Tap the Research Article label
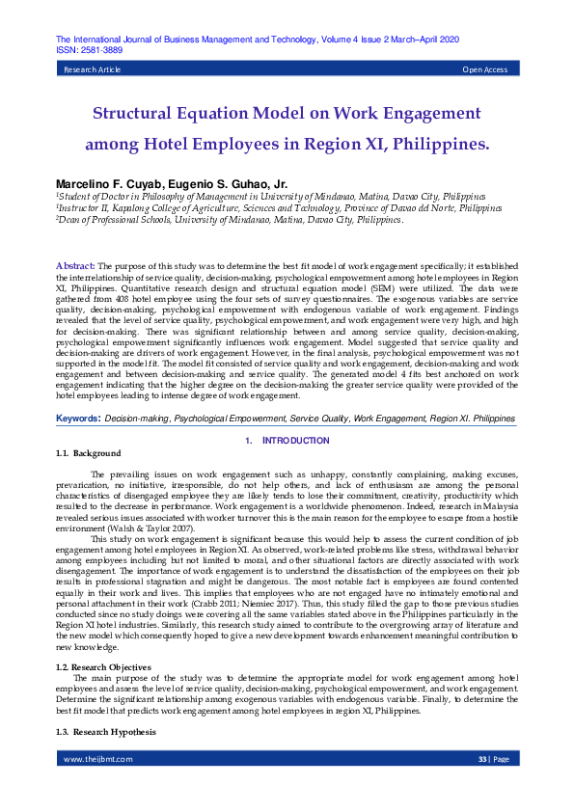click(92, 70)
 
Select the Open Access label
click(484, 70)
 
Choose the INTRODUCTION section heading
click(295, 441)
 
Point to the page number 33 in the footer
click(482, 787)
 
